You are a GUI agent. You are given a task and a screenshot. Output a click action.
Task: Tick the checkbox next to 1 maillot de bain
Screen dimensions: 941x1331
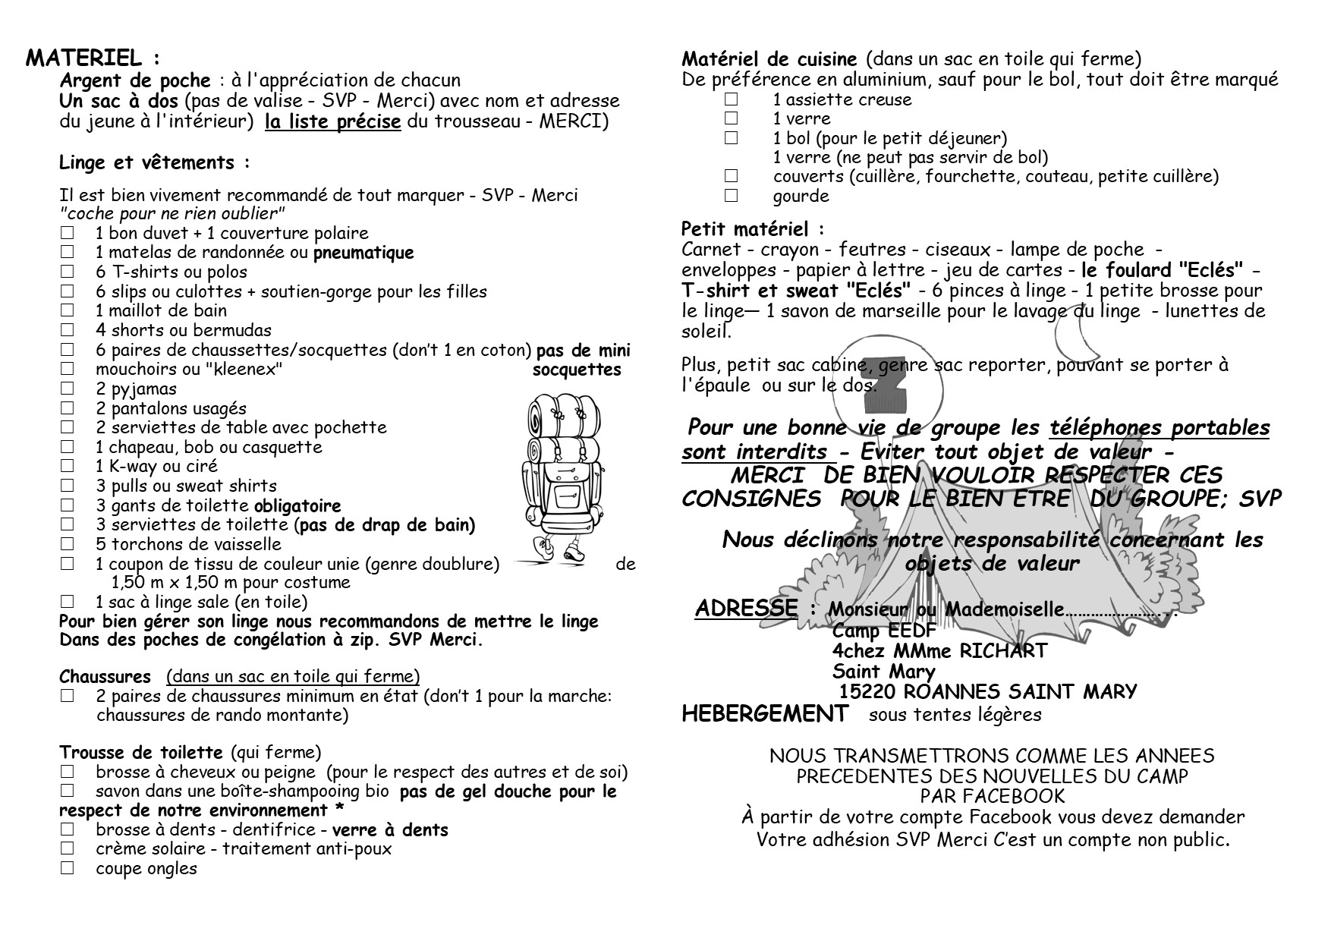pos(68,310)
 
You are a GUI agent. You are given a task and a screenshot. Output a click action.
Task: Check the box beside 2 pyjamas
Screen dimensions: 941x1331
pos(68,389)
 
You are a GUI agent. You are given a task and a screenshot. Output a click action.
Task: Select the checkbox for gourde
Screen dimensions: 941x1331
pos(731,196)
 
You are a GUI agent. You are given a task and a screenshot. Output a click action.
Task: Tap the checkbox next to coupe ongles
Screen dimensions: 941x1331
pos(68,868)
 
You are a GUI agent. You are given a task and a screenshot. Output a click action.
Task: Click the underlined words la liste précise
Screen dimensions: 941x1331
pos(332,121)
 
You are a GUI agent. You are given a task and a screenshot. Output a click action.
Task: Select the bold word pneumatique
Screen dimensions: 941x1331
pos(363,253)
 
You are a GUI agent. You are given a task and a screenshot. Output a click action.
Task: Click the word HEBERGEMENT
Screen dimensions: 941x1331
pos(765,714)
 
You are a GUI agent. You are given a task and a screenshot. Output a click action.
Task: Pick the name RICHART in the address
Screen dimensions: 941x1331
pos(1005,651)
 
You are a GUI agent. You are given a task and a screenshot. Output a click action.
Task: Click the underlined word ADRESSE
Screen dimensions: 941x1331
pos(746,608)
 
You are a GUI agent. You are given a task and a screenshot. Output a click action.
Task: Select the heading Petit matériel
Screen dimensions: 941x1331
pos(751,228)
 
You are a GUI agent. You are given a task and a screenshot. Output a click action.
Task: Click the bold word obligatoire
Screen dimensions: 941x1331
pos(297,505)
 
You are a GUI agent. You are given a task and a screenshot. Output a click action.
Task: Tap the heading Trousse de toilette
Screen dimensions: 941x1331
pos(141,753)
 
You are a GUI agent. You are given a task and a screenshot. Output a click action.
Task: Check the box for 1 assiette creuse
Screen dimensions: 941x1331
pos(731,99)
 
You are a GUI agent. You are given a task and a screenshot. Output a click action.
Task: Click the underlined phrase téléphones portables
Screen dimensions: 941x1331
pos(1159,428)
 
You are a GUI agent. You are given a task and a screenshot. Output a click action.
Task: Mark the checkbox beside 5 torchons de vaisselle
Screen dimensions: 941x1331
pos(68,543)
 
